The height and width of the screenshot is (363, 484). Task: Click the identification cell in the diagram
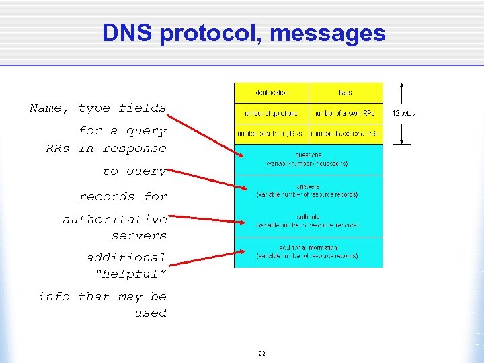pos(271,93)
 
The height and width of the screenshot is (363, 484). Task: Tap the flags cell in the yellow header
pos(345,93)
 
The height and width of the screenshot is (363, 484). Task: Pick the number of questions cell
pos(271,113)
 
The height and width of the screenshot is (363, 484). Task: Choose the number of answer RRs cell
pos(345,113)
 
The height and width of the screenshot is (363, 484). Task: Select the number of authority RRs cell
pos(271,134)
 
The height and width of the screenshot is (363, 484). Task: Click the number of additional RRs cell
pos(345,134)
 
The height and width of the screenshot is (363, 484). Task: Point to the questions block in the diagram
pos(308,159)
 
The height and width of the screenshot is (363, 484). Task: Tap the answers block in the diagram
pos(308,190)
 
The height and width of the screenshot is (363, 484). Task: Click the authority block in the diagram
pos(308,221)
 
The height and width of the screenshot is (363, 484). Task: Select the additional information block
pos(308,252)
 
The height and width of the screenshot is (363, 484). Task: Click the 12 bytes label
pos(403,113)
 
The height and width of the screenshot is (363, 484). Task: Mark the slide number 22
pos(261,352)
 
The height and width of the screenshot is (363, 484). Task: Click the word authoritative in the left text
pos(115,219)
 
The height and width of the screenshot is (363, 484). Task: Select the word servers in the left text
pos(138,235)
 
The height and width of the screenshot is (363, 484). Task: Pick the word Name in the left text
pos(48,108)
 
